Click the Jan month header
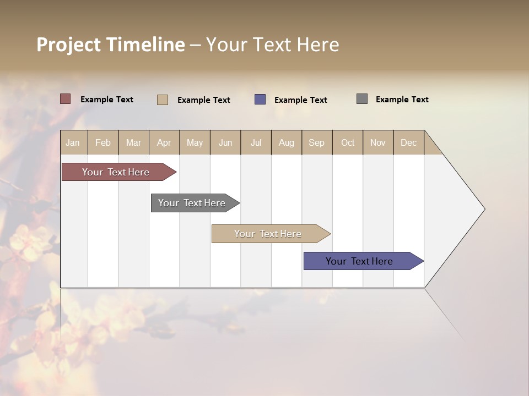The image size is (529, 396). click(x=73, y=142)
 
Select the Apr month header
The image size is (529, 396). click(x=164, y=142)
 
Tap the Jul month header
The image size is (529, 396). click(x=256, y=142)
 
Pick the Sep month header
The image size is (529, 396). click(x=316, y=142)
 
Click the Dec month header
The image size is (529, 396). click(x=408, y=142)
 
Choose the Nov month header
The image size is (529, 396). click(x=377, y=142)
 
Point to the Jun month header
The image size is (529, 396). click(x=225, y=142)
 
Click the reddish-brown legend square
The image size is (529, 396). click(x=66, y=99)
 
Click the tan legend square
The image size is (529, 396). click(x=163, y=100)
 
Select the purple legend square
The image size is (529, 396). click(x=260, y=100)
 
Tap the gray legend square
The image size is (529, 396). click(x=362, y=99)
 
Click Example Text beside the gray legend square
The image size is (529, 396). click(x=402, y=100)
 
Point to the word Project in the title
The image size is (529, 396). click(x=68, y=45)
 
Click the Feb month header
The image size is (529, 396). click(x=102, y=142)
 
